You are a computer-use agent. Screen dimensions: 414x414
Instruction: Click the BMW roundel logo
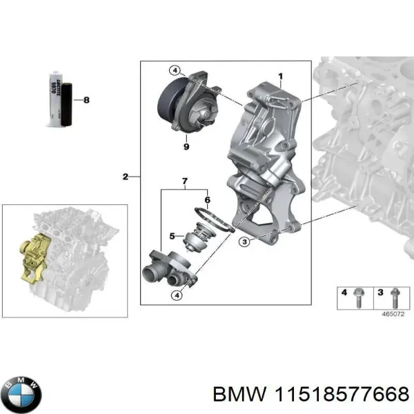pyautogui.click(x=21, y=395)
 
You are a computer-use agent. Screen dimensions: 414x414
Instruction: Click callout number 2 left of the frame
pyautogui.click(x=125, y=177)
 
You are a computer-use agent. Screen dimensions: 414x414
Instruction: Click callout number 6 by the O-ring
pyautogui.click(x=207, y=199)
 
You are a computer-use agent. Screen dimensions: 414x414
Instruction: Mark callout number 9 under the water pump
pyautogui.click(x=186, y=146)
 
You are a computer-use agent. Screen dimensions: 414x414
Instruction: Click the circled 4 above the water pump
pyautogui.click(x=176, y=70)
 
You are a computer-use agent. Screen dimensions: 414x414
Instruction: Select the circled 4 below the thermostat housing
pyautogui.click(x=177, y=296)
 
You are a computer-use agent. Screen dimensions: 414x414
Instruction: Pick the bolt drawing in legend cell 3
pyautogui.click(x=395, y=297)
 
